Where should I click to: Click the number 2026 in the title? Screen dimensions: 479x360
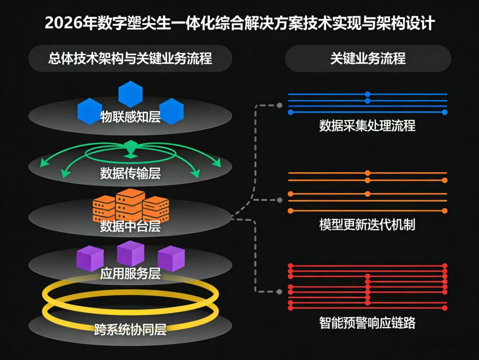63,23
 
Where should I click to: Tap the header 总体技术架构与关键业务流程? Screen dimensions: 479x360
130,59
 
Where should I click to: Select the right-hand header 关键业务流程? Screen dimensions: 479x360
368,59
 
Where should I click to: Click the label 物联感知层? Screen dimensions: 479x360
130,117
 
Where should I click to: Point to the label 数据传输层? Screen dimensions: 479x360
130,173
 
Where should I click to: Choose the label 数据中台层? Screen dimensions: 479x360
130,226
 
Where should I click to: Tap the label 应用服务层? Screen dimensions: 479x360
130,273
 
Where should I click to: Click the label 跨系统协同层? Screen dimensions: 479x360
130,329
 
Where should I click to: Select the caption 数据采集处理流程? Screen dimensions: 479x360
367,126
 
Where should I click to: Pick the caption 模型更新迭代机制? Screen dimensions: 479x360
367,224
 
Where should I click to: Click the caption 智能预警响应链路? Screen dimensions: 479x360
367,323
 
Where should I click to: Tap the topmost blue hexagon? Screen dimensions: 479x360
130,94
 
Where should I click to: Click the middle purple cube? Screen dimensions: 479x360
130,253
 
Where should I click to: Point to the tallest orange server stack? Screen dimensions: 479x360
130,205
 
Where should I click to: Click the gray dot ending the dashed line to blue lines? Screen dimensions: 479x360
279,105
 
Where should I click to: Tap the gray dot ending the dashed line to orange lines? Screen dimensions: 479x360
280,200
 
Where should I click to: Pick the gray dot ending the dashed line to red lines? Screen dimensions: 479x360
279,292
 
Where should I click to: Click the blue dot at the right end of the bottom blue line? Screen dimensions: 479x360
445,112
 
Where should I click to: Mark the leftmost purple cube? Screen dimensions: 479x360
90,259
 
